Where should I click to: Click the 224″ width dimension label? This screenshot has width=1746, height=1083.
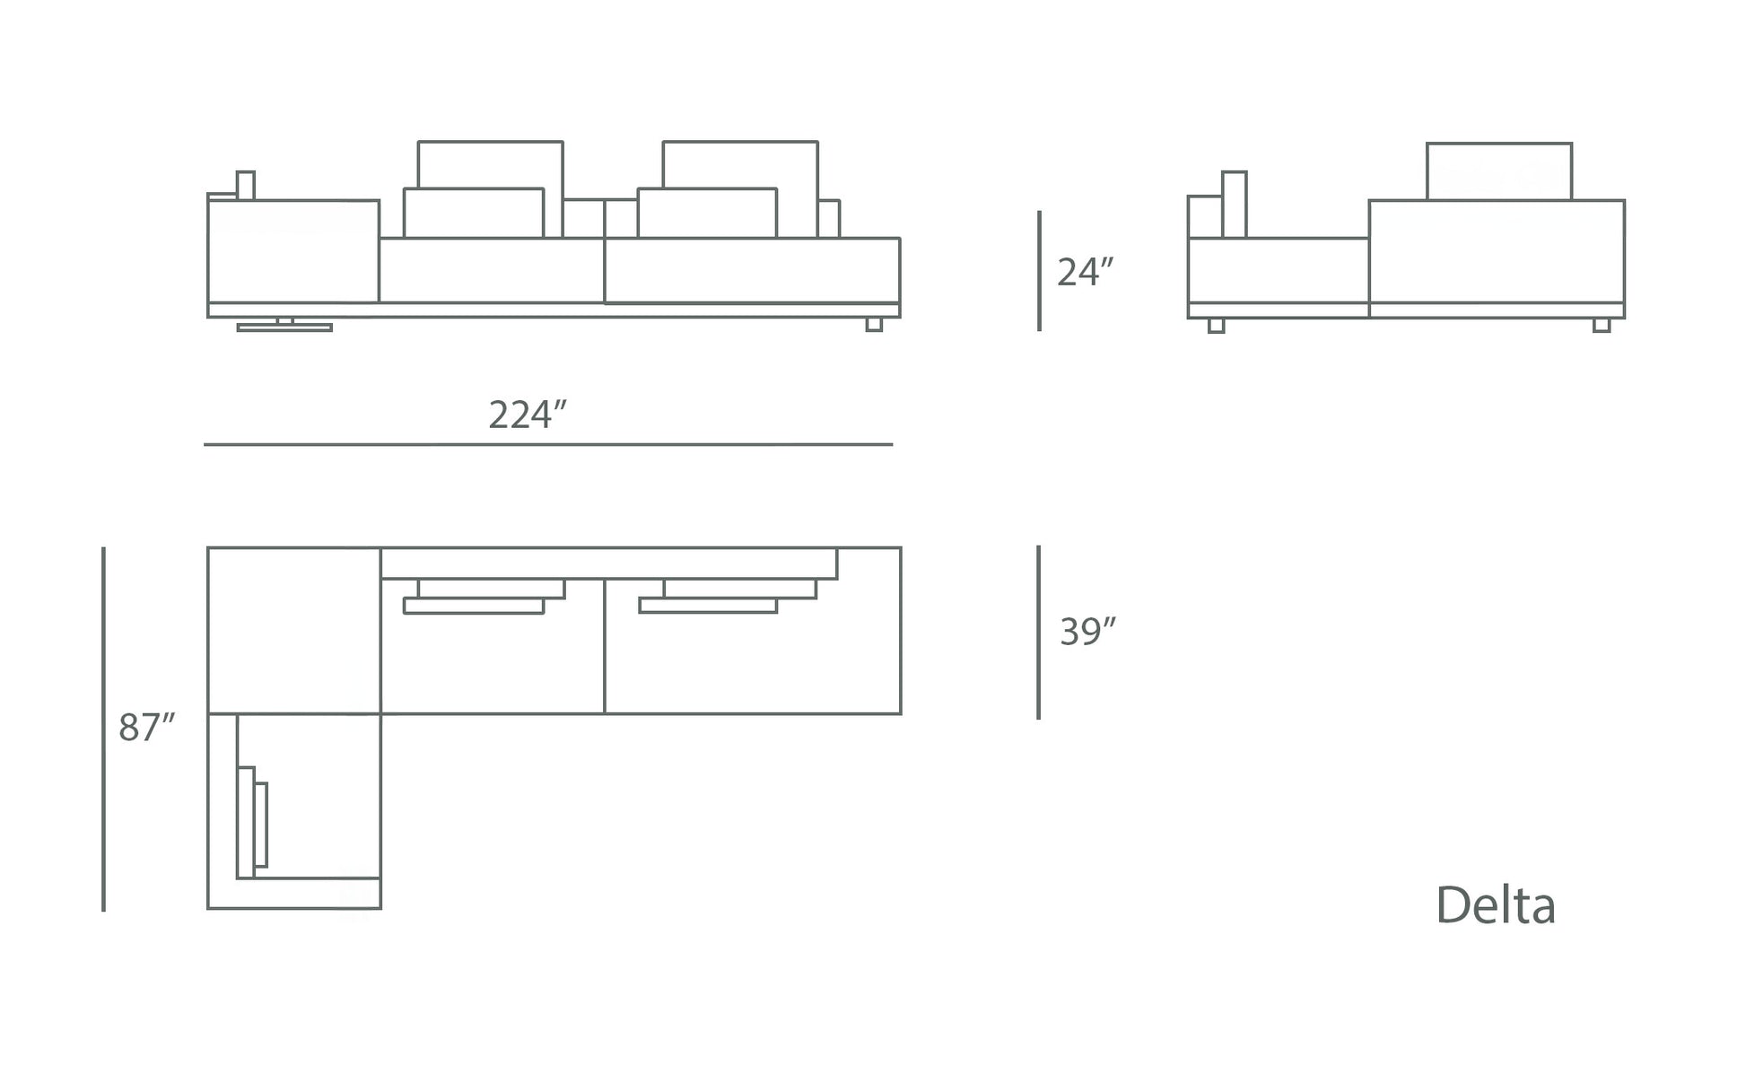pos(528,415)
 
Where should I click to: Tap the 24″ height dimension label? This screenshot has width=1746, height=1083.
pos(1085,272)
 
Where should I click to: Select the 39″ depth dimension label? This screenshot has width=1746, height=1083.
pos(1087,632)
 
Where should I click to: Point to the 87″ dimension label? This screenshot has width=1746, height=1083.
pos(146,728)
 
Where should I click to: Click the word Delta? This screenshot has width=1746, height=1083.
pos(1496,905)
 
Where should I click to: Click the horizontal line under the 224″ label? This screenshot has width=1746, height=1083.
pos(547,444)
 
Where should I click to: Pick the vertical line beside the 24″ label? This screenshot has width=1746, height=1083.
pos(1039,271)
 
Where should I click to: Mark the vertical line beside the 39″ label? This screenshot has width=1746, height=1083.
pos(1038,632)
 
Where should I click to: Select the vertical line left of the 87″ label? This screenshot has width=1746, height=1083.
pos(103,729)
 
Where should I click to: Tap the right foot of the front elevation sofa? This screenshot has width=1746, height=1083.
pos(874,325)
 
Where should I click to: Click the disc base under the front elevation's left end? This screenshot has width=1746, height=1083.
pos(284,328)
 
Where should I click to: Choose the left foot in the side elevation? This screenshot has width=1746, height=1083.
pos(1216,326)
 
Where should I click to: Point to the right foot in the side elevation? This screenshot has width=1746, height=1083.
pos(1601,326)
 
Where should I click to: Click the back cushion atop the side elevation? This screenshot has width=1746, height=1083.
pos(1498,171)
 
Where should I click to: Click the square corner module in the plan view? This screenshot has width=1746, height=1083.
pos(294,631)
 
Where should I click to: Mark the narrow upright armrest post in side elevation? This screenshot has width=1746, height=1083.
pos(1234,205)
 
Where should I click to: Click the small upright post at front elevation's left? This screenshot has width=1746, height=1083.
pos(245,185)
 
